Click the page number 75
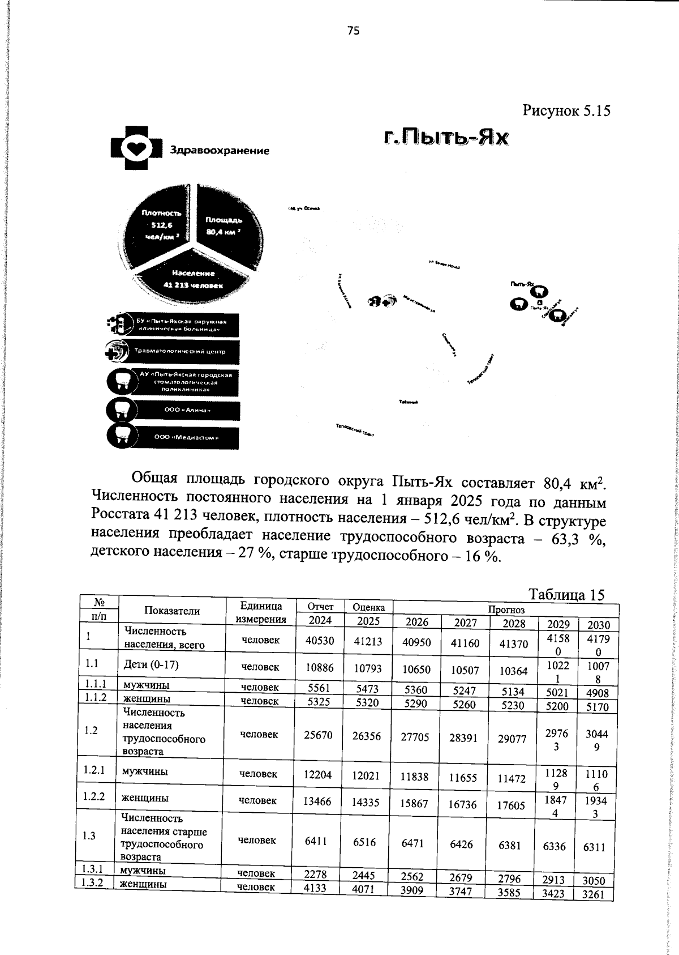(x=353, y=31)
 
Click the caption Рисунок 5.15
(x=566, y=110)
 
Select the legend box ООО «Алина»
(x=186, y=410)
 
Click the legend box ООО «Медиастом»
(x=186, y=438)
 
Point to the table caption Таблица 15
(x=566, y=594)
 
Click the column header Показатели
(x=172, y=611)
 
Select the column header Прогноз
(x=506, y=610)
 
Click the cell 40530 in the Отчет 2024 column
(x=320, y=640)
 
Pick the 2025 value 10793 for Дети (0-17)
(x=368, y=668)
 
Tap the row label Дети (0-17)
(x=151, y=664)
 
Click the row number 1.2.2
(x=93, y=796)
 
